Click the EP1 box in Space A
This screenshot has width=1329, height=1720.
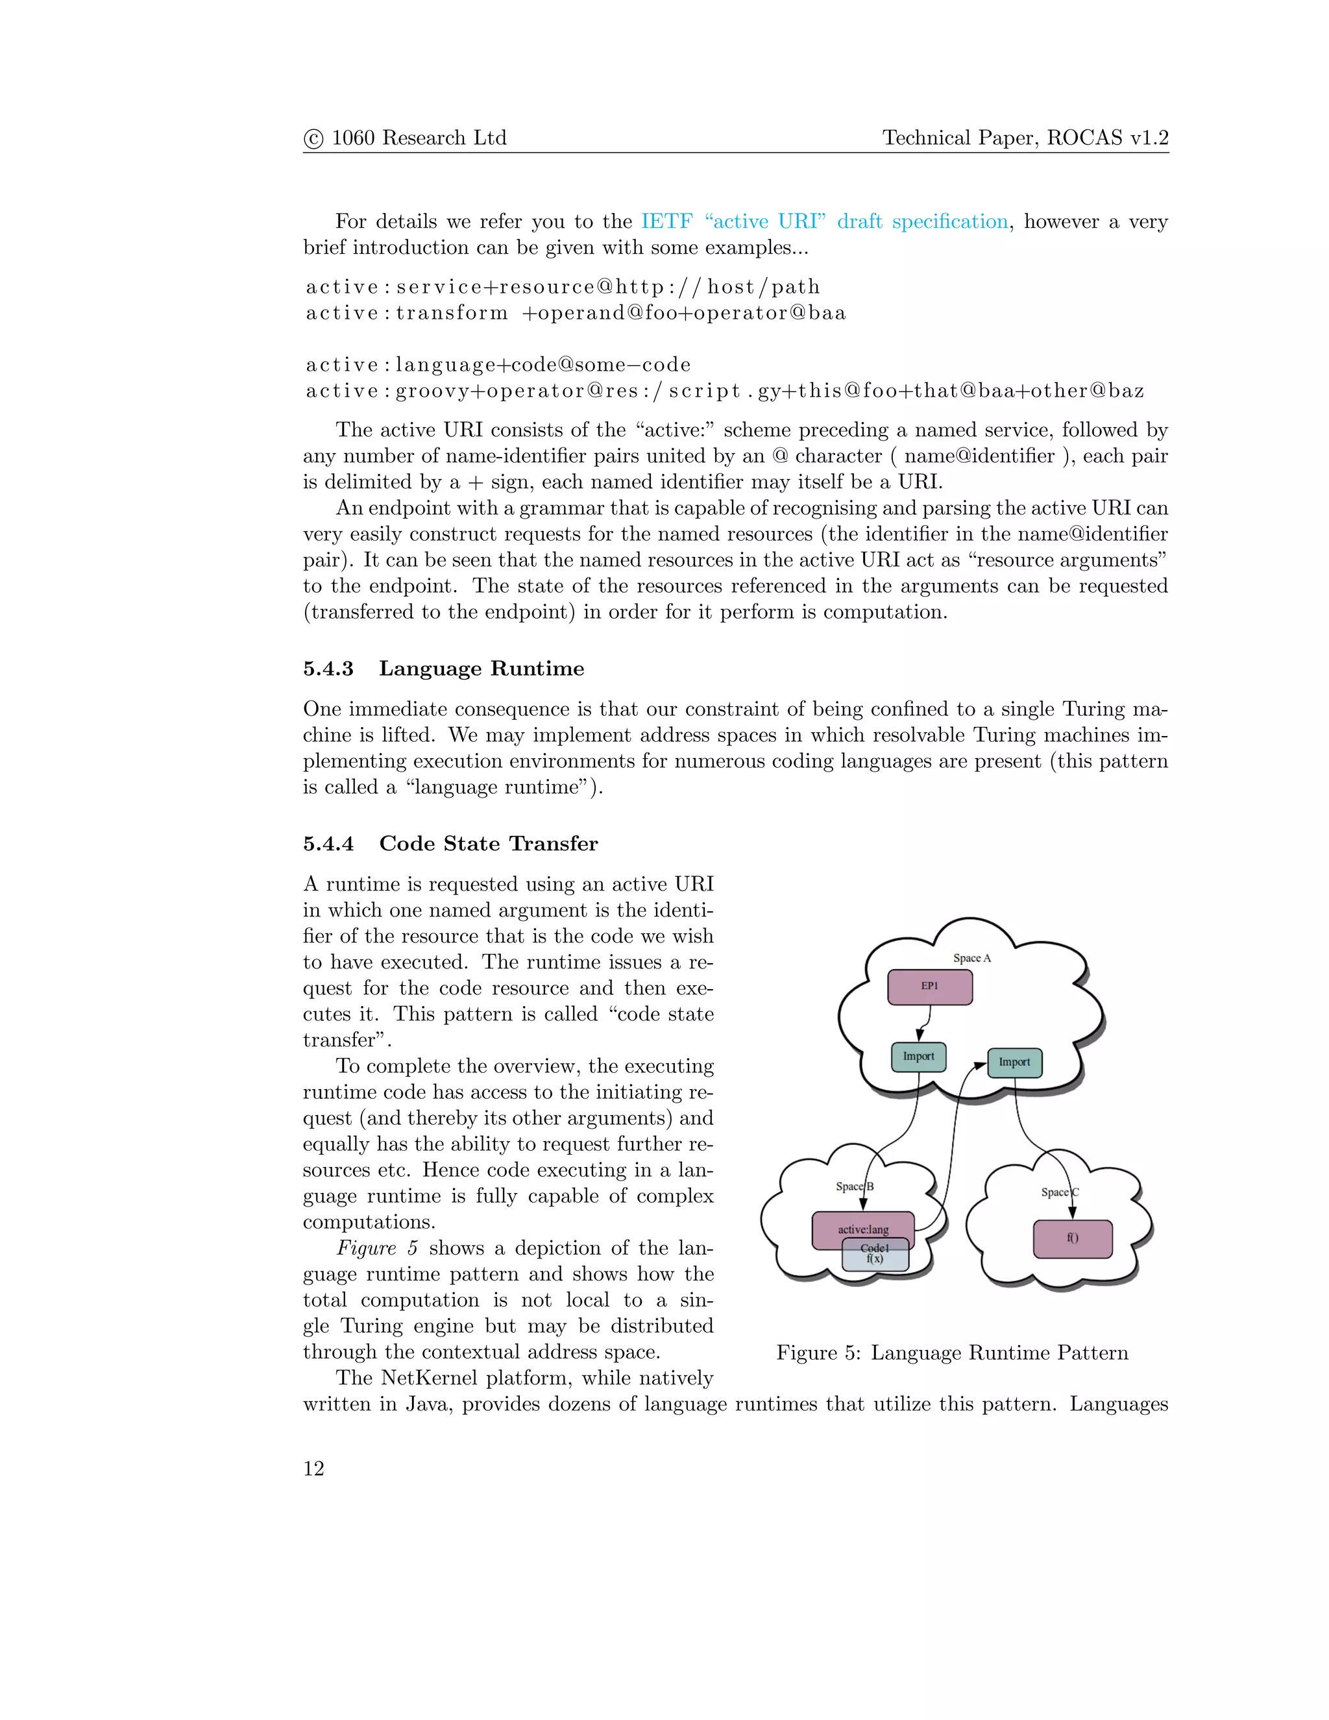tap(930, 987)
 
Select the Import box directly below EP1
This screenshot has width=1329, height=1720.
tap(918, 1057)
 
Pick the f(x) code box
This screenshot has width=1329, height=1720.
tap(875, 1259)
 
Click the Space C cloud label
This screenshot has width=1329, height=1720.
tap(1059, 1192)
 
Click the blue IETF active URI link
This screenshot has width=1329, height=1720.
tap(823, 221)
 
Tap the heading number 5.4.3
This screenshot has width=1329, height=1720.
tap(328, 669)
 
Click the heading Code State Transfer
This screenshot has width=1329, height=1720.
tap(488, 844)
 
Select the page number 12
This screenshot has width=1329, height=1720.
tap(313, 1469)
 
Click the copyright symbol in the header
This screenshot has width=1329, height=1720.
tap(313, 139)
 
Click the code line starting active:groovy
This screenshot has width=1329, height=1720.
tap(724, 391)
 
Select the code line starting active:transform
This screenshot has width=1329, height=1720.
tap(576, 313)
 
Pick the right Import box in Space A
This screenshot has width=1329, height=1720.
tap(1014, 1063)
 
